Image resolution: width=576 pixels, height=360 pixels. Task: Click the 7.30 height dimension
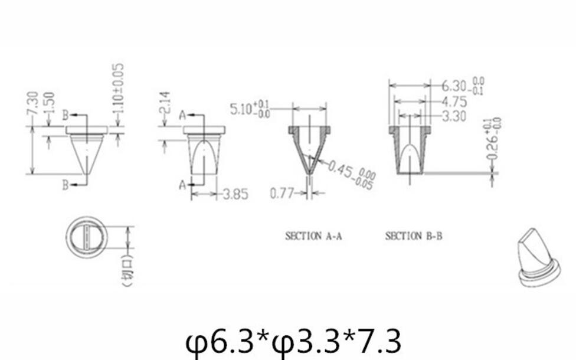coord(33,104)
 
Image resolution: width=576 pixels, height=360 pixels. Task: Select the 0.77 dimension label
coord(282,193)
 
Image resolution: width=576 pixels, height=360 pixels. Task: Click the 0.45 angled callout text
coord(352,175)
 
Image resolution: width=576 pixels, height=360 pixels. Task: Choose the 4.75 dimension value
coord(454,101)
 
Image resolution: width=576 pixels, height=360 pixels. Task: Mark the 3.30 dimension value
coord(454,116)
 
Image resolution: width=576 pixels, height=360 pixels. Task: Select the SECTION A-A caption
coord(313,236)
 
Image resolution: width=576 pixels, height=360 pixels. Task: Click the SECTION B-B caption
coord(413,236)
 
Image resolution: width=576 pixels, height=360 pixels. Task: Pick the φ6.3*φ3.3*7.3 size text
coord(293,341)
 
